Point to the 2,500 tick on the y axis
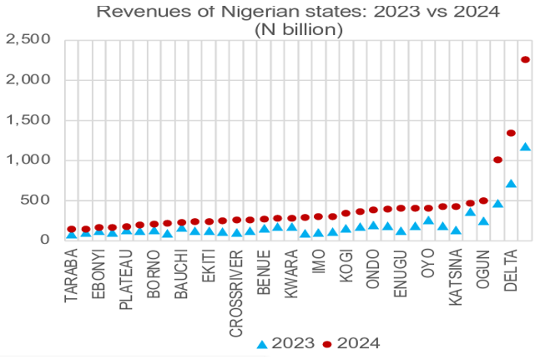pyautogui.click(x=28, y=40)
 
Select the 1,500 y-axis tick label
pyautogui.click(x=28, y=120)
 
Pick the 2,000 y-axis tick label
pyautogui.click(x=28, y=80)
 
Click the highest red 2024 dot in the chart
pyautogui.click(x=525, y=59)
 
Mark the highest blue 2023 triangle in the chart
pyautogui.click(x=525, y=147)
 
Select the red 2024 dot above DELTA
pyautogui.click(x=511, y=133)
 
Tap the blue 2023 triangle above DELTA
pyautogui.click(x=511, y=183)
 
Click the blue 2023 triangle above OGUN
pyautogui.click(x=483, y=221)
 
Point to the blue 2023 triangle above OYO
pyautogui.click(x=428, y=221)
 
